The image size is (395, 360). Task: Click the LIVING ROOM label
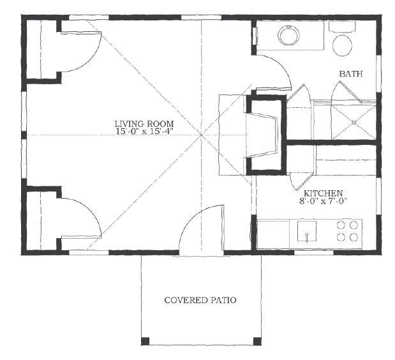pyautogui.click(x=144, y=124)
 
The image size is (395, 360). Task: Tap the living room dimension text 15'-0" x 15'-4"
pyautogui.click(x=144, y=131)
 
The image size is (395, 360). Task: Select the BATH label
pyautogui.click(x=351, y=74)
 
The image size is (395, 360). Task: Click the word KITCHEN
pyautogui.click(x=323, y=193)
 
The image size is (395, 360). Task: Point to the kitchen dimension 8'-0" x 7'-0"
pyautogui.click(x=324, y=201)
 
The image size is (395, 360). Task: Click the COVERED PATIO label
pyautogui.click(x=200, y=300)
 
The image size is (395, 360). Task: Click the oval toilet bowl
pyautogui.click(x=342, y=45)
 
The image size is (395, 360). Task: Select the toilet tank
pyautogui.click(x=342, y=27)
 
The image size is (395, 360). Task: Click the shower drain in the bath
pyautogui.click(x=354, y=123)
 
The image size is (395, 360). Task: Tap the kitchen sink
pyautogui.click(x=306, y=231)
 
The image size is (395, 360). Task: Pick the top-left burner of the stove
pyautogui.click(x=341, y=225)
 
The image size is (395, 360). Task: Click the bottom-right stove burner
pyautogui.click(x=354, y=237)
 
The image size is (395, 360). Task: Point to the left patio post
pyautogui.click(x=145, y=341)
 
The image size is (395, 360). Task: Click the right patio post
pyautogui.click(x=257, y=341)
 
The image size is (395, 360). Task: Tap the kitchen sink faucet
pyautogui.click(x=306, y=237)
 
